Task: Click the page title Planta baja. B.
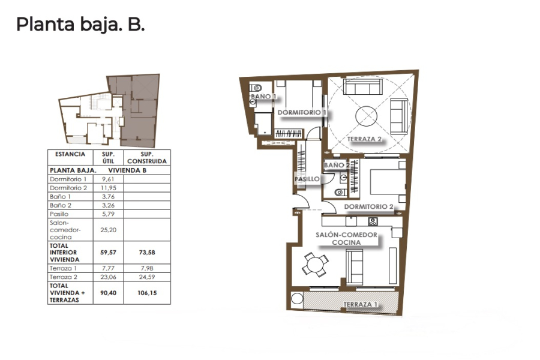point(80,25)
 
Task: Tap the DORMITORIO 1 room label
point(302,112)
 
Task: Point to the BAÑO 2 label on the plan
point(336,165)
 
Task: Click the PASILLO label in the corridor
point(307,179)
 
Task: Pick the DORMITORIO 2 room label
point(368,207)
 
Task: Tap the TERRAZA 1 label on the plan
point(361,305)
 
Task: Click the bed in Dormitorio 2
point(384,181)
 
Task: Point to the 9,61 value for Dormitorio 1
point(108,179)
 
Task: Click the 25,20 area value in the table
point(108,229)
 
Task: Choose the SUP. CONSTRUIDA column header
point(147,158)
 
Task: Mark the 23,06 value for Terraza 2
point(108,278)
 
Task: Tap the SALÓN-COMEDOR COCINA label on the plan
point(346,238)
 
